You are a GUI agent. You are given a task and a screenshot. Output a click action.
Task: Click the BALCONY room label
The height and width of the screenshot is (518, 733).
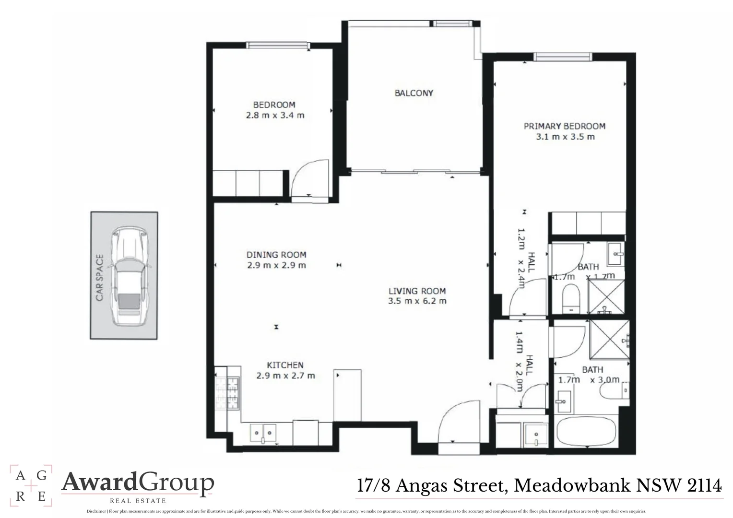tap(414, 93)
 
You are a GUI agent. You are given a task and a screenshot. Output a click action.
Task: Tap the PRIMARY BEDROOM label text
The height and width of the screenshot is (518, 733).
tap(564, 126)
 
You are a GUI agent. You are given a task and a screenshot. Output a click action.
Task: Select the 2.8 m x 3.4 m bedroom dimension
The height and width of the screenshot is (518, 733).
tap(275, 116)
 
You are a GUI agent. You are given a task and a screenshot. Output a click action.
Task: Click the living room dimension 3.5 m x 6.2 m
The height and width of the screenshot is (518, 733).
tap(417, 301)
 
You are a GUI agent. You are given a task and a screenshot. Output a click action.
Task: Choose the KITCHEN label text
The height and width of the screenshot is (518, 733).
tap(285, 365)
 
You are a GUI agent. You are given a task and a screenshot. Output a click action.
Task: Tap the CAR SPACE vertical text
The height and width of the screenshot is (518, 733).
tap(100, 278)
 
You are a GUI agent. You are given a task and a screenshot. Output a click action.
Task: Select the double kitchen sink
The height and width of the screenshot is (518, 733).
tap(263, 433)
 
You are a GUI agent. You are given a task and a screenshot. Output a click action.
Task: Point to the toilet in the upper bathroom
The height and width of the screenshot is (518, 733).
tap(571, 297)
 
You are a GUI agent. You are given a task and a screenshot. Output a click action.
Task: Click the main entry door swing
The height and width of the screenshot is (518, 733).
tap(458, 422)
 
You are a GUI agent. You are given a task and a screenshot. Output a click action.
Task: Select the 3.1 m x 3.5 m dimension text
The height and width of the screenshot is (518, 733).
tap(565, 137)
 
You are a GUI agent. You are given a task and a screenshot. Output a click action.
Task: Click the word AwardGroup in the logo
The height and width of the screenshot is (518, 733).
tap(138, 483)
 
